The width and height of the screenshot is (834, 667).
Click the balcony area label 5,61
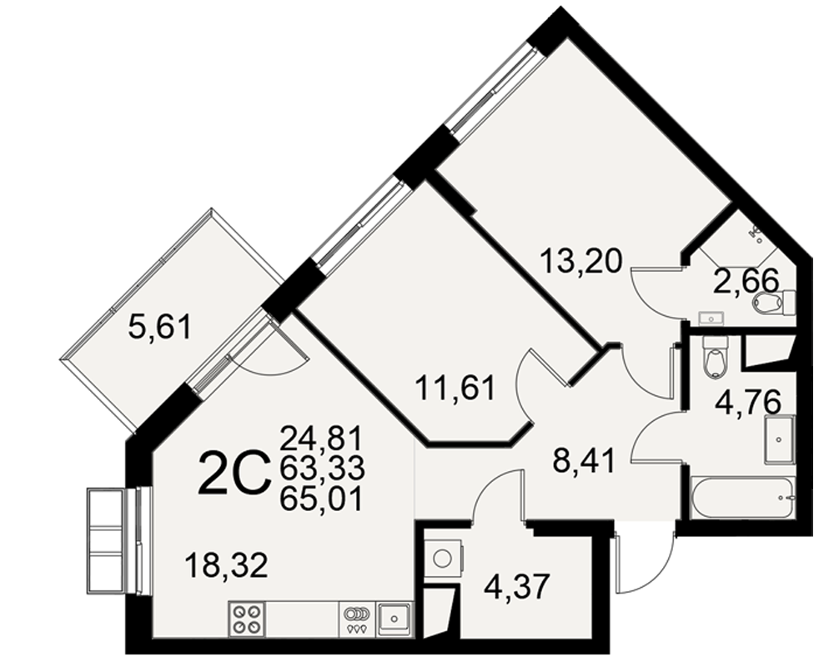pos(159,327)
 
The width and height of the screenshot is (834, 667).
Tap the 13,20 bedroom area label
pos(580,261)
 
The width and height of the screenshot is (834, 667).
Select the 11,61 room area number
pos(455,387)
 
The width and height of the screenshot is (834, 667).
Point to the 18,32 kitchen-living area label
pos(227,565)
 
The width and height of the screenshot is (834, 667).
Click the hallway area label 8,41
pos(584,460)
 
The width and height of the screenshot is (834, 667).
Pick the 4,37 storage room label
pos(516,587)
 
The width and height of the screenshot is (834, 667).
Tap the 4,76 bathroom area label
pos(748,403)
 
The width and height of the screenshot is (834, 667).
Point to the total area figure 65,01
pos(321,499)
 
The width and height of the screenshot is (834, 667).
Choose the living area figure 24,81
pos(321,439)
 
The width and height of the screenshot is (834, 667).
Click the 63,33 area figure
pos(322,469)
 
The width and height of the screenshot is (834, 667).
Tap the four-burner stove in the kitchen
pos(248,619)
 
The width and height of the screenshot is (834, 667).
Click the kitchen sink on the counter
pos(394,619)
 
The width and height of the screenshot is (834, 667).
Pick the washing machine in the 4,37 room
pos(444,559)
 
